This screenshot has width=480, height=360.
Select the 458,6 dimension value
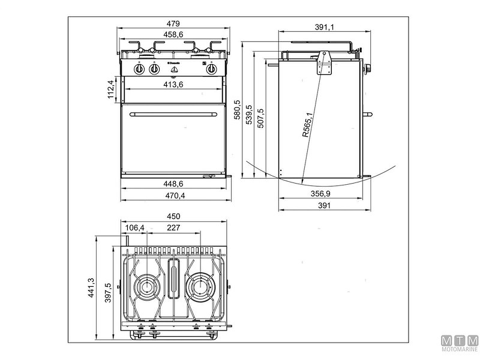173,35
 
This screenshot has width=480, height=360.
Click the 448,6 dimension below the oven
173,184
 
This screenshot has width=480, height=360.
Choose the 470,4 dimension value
173,195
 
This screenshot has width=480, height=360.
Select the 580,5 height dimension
238,110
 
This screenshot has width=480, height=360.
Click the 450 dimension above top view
173,217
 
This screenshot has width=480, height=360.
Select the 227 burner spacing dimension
173,227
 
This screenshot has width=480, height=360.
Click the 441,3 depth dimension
91,288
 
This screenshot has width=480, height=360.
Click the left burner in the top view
148,286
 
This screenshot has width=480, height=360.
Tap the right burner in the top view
199,286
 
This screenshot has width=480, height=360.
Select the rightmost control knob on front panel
211,69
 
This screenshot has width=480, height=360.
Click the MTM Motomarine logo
459,343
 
